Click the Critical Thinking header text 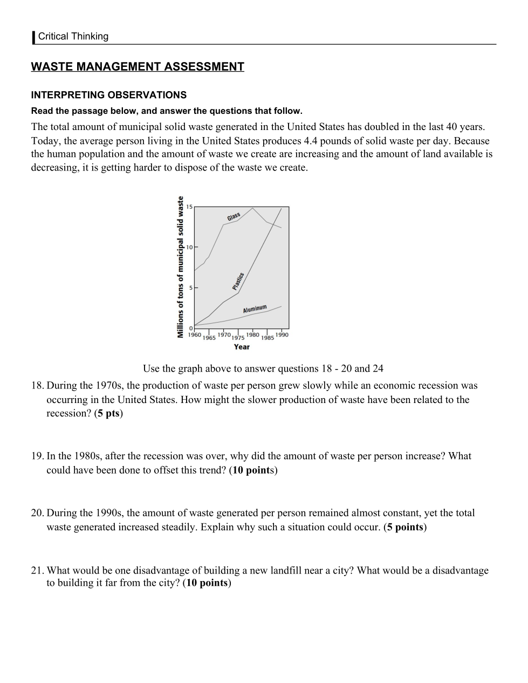[x=73, y=37]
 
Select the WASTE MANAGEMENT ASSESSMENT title [x=138, y=67]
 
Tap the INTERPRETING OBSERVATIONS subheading [x=109, y=95]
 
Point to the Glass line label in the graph [x=234, y=217]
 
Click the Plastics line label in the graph [x=238, y=282]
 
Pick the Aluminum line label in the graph [x=255, y=309]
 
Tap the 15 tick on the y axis [x=189, y=207]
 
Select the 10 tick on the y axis [x=189, y=247]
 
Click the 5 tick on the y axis [x=190, y=288]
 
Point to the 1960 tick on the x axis [x=194, y=335]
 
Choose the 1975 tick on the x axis [x=238, y=338]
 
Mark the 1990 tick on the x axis [x=282, y=335]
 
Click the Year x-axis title [x=242, y=347]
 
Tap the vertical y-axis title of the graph [x=181, y=267]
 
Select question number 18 [x=37, y=386]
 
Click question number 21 [x=37, y=571]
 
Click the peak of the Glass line [x=253, y=208]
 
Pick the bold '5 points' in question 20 [x=405, y=527]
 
